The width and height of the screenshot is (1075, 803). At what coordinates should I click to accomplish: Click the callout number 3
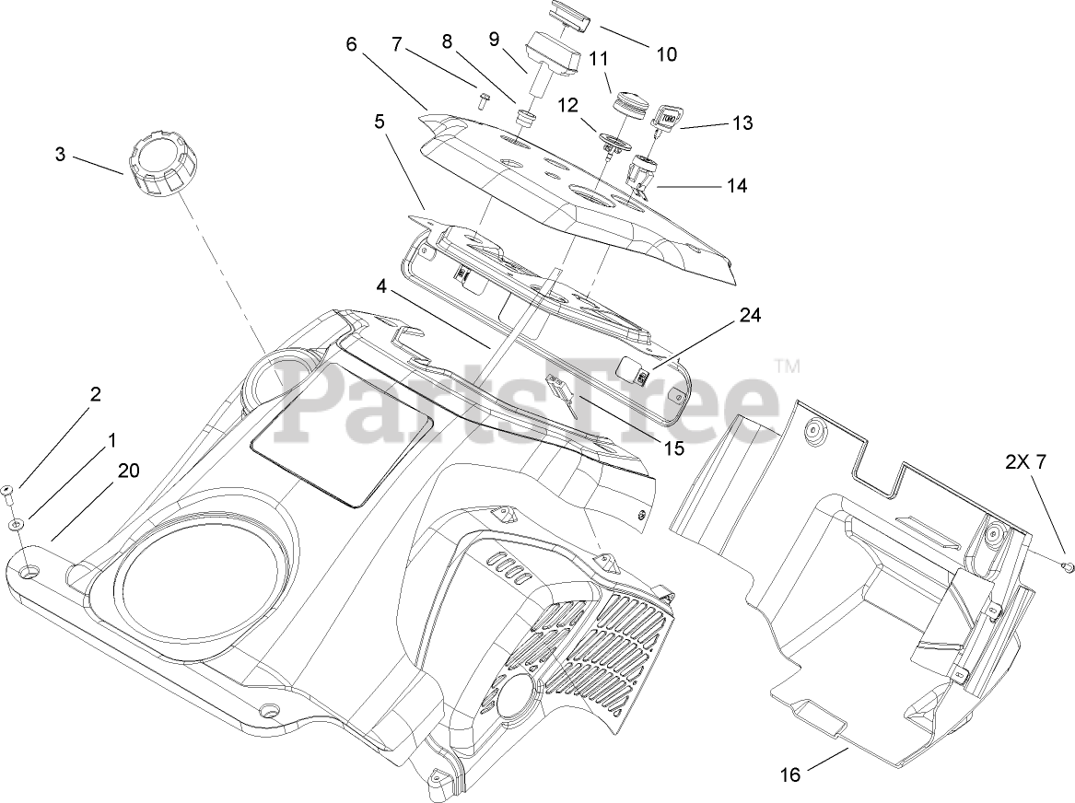click(60, 154)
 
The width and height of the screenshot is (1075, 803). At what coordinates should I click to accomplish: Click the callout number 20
click(128, 471)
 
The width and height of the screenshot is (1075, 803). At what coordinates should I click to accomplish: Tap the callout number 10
click(665, 54)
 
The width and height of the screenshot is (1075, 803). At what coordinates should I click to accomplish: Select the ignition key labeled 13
click(667, 116)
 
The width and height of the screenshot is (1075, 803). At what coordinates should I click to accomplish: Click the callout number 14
click(736, 185)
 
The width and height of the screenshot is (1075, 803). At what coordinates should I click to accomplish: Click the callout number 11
click(600, 59)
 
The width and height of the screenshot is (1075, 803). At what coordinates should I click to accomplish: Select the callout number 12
click(567, 105)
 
